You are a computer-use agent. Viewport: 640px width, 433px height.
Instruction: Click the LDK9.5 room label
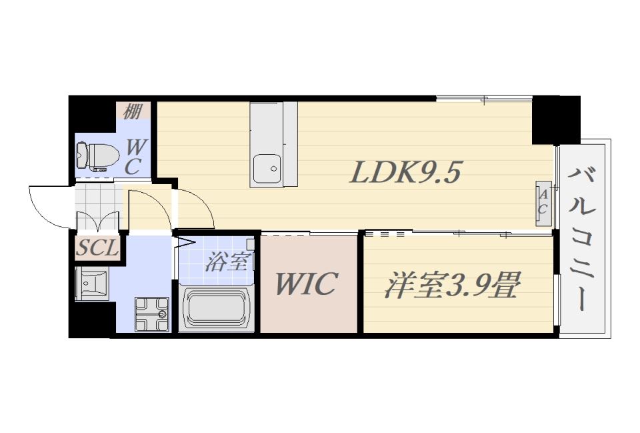pos(406,171)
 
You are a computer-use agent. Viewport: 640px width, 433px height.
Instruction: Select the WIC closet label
pos(307,283)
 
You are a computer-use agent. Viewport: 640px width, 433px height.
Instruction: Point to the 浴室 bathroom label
pos(226,262)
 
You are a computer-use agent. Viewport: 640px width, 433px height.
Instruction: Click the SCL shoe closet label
pos(97,248)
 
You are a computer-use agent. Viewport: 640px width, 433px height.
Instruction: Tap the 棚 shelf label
pos(133,111)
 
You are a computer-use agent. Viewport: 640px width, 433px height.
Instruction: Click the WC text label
pos(133,157)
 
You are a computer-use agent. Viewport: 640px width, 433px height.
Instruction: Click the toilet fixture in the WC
pos(97,155)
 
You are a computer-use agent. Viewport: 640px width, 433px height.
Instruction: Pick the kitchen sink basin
pos(267,169)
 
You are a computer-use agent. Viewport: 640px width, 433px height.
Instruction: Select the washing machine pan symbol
pos(152,314)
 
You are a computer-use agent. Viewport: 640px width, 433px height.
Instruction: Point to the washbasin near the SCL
pos(91,283)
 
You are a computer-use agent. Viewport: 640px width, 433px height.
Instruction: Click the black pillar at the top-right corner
pos(556,119)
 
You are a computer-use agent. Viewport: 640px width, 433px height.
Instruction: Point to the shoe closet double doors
pos(98,221)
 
